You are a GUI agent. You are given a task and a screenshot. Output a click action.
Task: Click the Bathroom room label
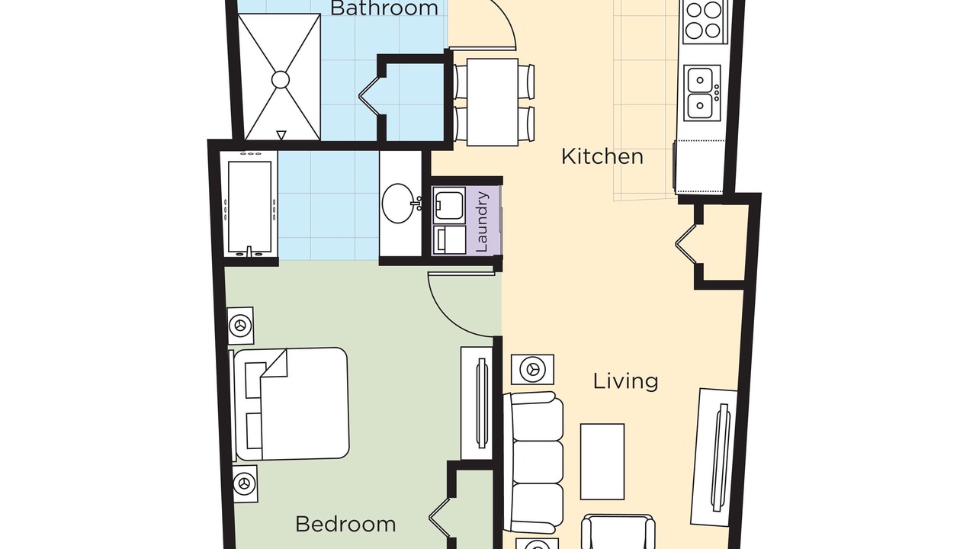[x=384, y=8]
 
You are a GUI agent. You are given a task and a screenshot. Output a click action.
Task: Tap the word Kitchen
[x=602, y=156]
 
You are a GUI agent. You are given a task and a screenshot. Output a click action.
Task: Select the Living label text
[x=626, y=381]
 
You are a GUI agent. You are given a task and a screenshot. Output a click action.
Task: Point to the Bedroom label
[x=345, y=524]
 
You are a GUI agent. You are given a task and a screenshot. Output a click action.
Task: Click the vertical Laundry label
[x=483, y=222]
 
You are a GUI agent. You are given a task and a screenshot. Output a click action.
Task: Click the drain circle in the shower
[x=281, y=80]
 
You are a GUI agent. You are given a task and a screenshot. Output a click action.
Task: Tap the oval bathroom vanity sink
[x=399, y=203]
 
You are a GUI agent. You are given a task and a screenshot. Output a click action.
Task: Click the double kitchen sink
[x=701, y=93]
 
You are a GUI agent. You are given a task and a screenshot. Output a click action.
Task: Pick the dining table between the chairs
[x=493, y=102]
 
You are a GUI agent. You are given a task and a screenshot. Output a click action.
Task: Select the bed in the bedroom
[x=291, y=403]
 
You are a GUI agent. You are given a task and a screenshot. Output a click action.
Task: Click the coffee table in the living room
[x=602, y=462]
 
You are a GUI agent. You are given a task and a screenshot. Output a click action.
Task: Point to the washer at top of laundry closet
[x=449, y=205]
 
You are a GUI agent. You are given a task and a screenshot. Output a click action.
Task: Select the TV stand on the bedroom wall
[x=477, y=403]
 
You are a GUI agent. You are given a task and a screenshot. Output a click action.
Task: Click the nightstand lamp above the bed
[x=240, y=326]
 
